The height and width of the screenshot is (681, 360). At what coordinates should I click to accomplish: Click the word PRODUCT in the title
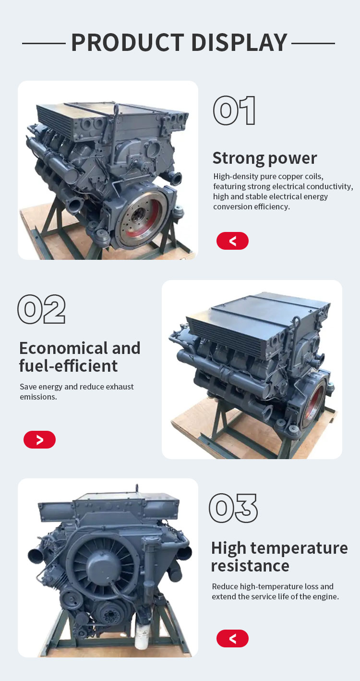128,42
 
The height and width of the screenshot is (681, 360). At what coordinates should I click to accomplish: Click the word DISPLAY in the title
240,42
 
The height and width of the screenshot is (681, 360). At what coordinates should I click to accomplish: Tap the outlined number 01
234,110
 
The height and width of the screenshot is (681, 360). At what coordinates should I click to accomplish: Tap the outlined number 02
42,309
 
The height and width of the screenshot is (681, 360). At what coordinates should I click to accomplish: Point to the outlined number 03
233,508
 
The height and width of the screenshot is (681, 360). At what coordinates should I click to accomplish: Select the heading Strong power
264,158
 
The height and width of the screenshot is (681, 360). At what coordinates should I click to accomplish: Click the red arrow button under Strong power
232,241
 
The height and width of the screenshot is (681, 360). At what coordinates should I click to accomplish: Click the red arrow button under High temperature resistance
232,638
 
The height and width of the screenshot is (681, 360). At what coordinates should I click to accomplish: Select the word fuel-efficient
68,366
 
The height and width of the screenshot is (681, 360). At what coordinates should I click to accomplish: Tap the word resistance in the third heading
251,566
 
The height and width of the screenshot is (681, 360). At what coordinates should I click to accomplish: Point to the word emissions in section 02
38,397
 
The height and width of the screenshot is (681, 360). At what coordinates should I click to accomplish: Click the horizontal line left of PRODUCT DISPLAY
44,44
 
